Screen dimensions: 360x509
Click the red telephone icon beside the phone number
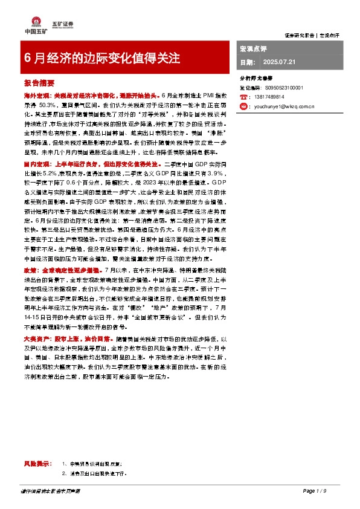click(x=244, y=97)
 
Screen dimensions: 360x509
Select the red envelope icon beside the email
click(x=244, y=105)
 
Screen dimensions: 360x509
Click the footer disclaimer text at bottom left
click(x=53, y=490)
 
